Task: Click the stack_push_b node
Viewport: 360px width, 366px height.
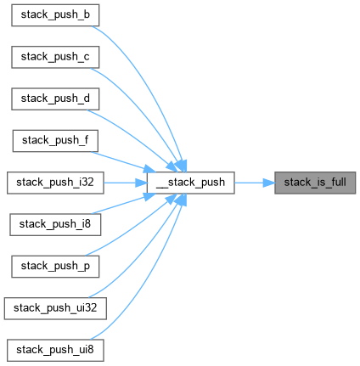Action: [x=55, y=15]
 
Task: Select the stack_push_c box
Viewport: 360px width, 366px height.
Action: [x=55, y=57]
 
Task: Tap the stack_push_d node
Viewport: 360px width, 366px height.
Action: [x=55, y=99]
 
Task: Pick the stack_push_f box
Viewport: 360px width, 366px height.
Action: [x=55, y=141]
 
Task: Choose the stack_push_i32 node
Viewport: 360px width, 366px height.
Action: [x=55, y=183]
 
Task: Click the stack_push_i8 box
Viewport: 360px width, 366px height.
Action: [x=55, y=225]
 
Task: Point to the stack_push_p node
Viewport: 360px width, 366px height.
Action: [x=55, y=267]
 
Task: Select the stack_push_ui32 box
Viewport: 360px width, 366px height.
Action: [x=55, y=308]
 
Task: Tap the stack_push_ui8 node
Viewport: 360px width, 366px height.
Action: [x=55, y=351]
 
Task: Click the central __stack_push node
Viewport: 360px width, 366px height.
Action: [x=190, y=183]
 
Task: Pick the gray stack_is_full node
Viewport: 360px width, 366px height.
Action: [x=315, y=183]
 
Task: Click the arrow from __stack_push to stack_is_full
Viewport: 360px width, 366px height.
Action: [x=255, y=183]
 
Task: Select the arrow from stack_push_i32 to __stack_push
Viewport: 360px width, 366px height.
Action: [x=126, y=183]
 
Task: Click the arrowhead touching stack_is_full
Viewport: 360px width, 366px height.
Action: [x=269, y=183]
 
